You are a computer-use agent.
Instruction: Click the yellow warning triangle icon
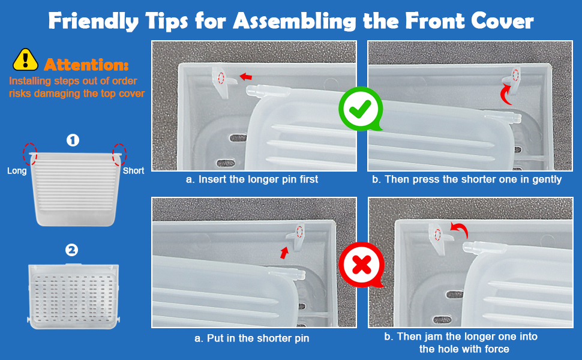pos(25,60)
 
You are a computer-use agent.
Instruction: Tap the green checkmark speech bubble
pos(361,109)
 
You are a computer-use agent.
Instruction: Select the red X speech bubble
pos(361,265)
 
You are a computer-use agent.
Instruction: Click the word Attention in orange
pos(86,65)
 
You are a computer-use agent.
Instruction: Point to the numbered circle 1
pos(73,140)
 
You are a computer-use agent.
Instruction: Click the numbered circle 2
pos(71,250)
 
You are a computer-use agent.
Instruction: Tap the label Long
pos(17,171)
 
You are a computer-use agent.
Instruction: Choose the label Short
pos(134,171)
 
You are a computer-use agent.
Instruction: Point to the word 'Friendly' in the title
pos(94,21)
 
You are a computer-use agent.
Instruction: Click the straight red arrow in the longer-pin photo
pos(246,77)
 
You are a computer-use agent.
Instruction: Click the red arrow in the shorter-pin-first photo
pos(284,253)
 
